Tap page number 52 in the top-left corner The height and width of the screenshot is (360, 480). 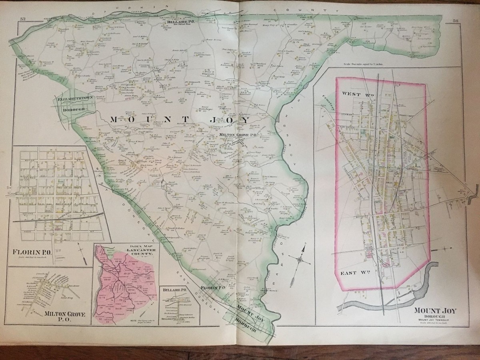[x=23, y=19]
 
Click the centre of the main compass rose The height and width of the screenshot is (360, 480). [x=299, y=260]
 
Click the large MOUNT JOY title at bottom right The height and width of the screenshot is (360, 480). [x=437, y=310]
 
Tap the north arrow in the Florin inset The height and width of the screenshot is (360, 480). [x=80, y=252]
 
